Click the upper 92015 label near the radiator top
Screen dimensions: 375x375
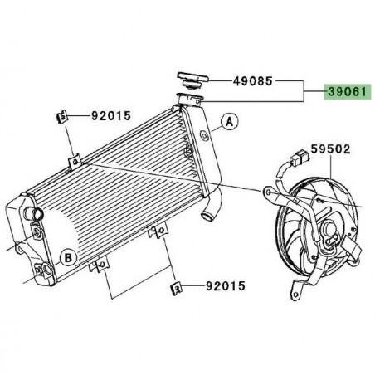[110, 116]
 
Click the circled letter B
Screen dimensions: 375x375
[71, 256]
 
